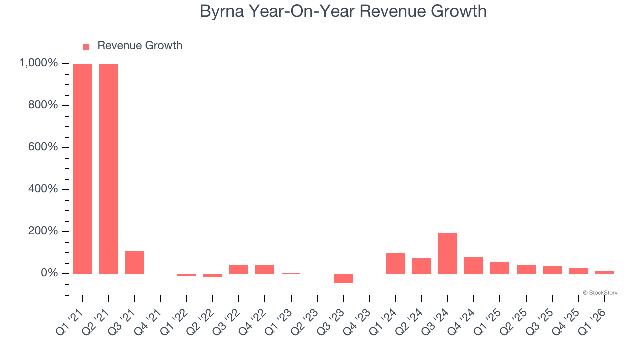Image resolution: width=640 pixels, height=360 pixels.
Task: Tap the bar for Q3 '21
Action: [134, 262]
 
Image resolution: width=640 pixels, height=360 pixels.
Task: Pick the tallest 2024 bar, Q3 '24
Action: [448, 253]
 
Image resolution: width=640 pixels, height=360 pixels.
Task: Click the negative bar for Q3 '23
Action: [343, 278]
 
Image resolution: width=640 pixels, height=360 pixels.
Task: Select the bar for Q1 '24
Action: [395, 263]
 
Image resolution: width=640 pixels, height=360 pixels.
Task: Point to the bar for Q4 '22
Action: [265, 269]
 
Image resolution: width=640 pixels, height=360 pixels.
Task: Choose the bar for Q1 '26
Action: [604, 272]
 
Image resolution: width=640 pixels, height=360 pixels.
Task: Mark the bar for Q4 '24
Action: [474, 265]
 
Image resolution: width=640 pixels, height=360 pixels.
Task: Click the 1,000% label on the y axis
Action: [38, 63]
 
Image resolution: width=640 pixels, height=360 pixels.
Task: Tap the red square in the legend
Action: [86, 46]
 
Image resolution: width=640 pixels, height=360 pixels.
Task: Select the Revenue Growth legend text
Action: [140, 46]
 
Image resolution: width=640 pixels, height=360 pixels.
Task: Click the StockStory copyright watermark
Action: [600, 293]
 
